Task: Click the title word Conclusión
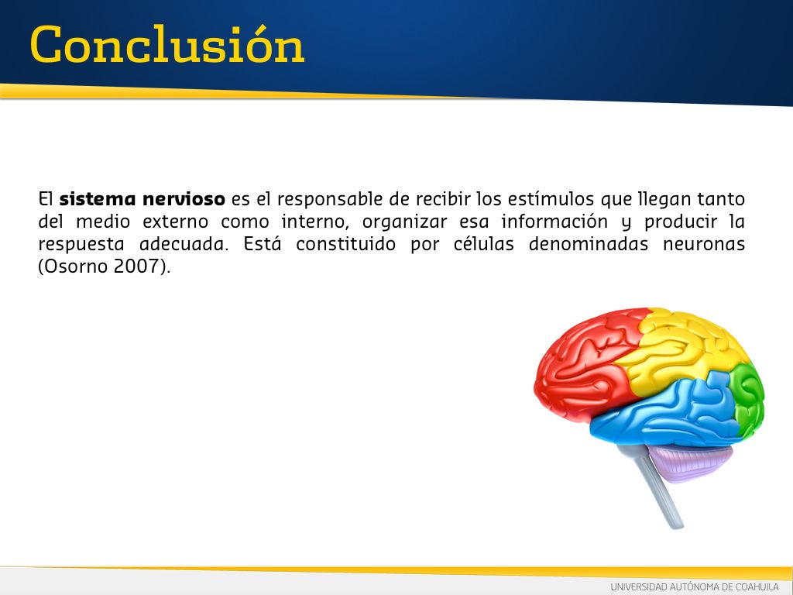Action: point(167,44)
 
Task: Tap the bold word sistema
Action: point(97,199)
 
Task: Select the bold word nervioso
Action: point(184,199)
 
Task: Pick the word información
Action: point(554,222)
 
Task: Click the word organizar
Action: point(404,222)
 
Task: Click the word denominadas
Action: point(589,244)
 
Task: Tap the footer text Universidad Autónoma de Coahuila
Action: point(695,587)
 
